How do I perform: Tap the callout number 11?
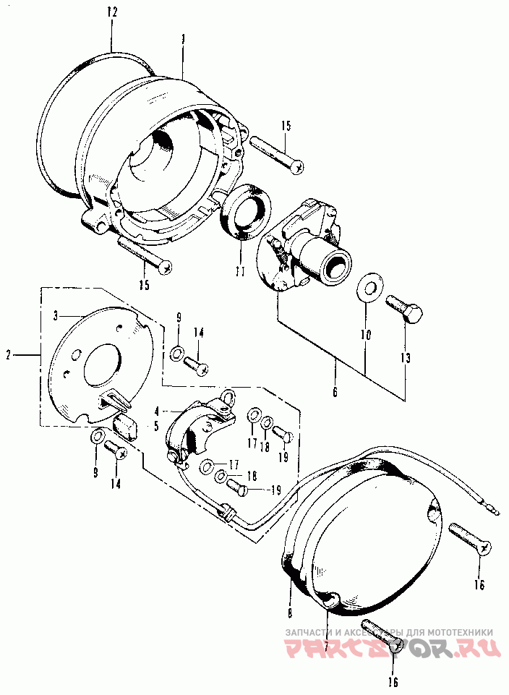(x=239, y=272)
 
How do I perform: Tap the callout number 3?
(x=54, y=315)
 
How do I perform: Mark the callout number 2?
(x=9, y=355)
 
